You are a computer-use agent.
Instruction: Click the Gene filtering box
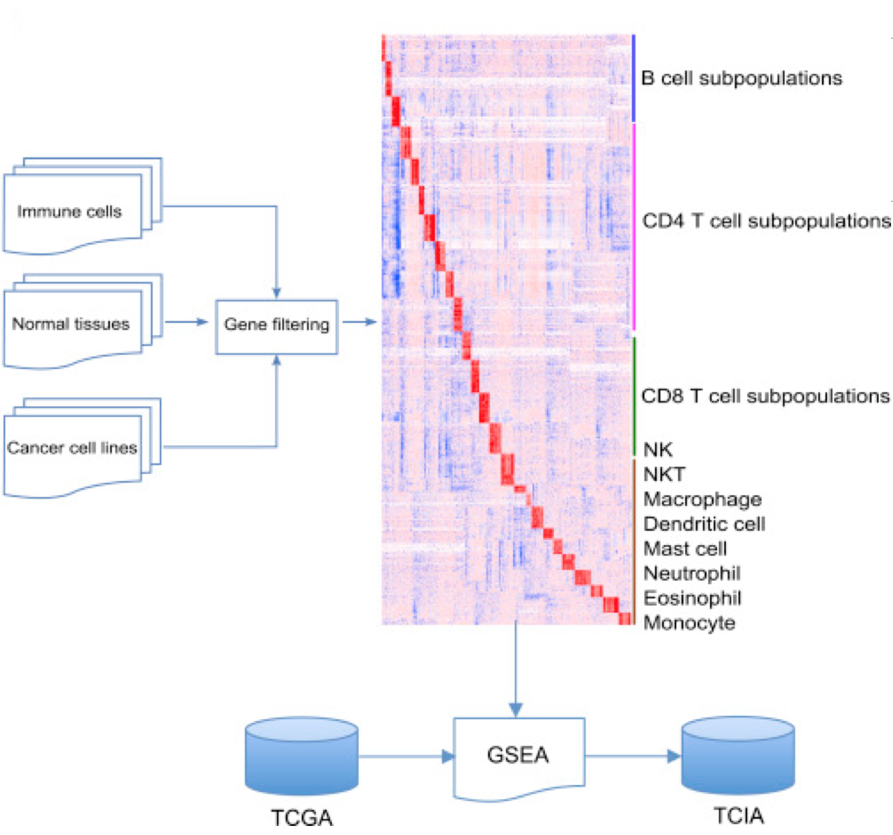(x=276, y=326)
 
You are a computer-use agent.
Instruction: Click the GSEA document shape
(x=518, y=756)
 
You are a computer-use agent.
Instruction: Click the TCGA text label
(x=302, y=818)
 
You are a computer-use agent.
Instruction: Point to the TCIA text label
(x=738, y=816)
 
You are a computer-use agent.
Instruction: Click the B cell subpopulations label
(x=742, y=78)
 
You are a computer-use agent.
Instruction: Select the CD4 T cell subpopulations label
(x=766, y=221)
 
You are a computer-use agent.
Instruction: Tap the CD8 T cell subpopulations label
(x=765, y=396)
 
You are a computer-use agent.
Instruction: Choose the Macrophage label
(x=702, y=499)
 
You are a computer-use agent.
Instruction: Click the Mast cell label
(x=685, y=549)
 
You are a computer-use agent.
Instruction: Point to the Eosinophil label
(x=692, y=598)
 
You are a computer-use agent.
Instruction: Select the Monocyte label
(x=689, y=623)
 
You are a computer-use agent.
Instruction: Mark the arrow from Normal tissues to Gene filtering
(x=186, y=322)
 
